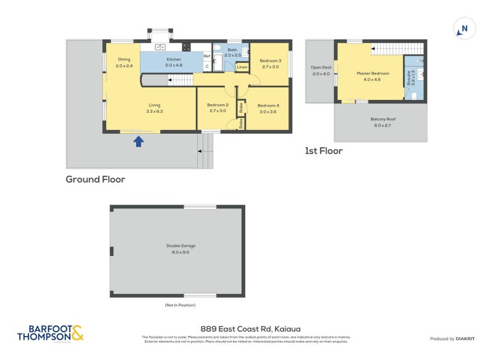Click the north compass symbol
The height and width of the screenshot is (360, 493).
[464, 28]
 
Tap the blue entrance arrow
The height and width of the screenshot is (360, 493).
[139, 142]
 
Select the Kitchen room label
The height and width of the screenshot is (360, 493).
[174, 60]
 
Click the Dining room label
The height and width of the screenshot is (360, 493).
[124, 60]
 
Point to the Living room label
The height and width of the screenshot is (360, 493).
[154, 105]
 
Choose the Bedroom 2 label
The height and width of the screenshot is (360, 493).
[218, 105]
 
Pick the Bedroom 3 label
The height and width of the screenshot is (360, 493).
[270, 60]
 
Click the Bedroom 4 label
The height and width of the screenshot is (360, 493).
[267, 105]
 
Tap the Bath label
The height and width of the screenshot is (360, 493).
[232, 50]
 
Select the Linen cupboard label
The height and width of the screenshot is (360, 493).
[242, 67]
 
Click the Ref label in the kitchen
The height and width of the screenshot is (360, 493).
[207, 55]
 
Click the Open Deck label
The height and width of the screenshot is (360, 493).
[321, 67]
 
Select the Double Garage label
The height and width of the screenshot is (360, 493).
[177, 245]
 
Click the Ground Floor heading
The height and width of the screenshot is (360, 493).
[96, 179]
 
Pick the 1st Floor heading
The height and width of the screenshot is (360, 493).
[324, 150]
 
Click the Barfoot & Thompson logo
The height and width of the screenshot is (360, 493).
[50, 333]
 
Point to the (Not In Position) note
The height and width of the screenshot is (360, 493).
[180, 305]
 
